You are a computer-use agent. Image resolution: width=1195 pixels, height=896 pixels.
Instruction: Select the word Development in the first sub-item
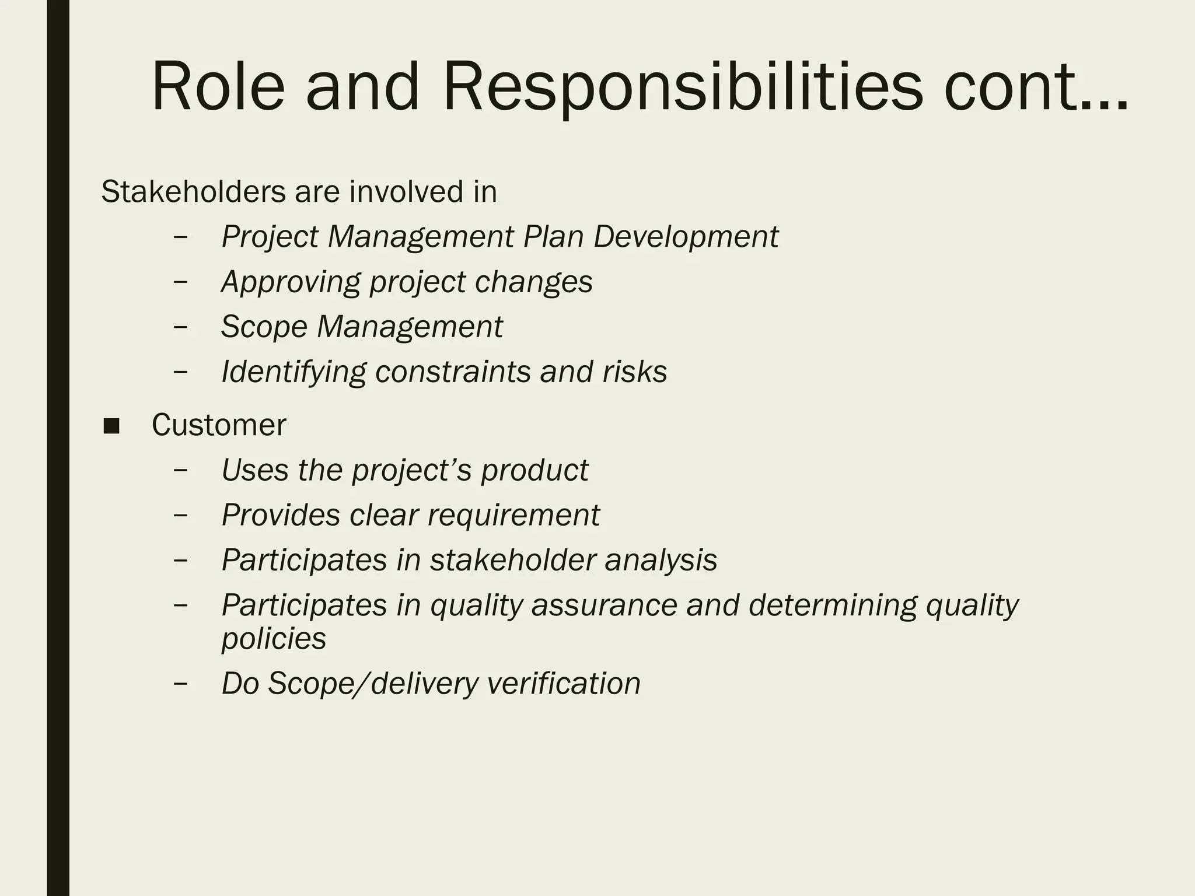pyautogui.click(x=686, y=237)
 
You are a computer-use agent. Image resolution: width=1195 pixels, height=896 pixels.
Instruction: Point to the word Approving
pyautogui.click(x=290, y=282)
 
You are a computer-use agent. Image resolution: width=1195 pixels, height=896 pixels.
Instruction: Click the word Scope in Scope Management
pyautogui.click(x=264, y=327)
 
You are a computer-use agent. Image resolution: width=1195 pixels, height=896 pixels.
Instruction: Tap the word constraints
pyautogui.click(x=452, y=372)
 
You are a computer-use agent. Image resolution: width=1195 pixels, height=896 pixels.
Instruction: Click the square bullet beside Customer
pyautogui.click(x=111, y=426)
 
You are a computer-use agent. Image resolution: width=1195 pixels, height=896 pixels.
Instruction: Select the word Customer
pyautogui.click(x=219, y=425)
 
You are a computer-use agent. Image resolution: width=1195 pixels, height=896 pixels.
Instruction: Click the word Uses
pyautogui.click(x=254, y=470)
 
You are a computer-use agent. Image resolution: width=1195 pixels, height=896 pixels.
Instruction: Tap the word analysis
pyautogui.click(x=661, y=560)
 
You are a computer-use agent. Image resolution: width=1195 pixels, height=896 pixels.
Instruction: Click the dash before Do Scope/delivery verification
pyautogui.click(x=181, y=683)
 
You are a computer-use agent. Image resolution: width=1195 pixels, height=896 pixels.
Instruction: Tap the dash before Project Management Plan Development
pyautogui.click(x=181, y=237)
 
